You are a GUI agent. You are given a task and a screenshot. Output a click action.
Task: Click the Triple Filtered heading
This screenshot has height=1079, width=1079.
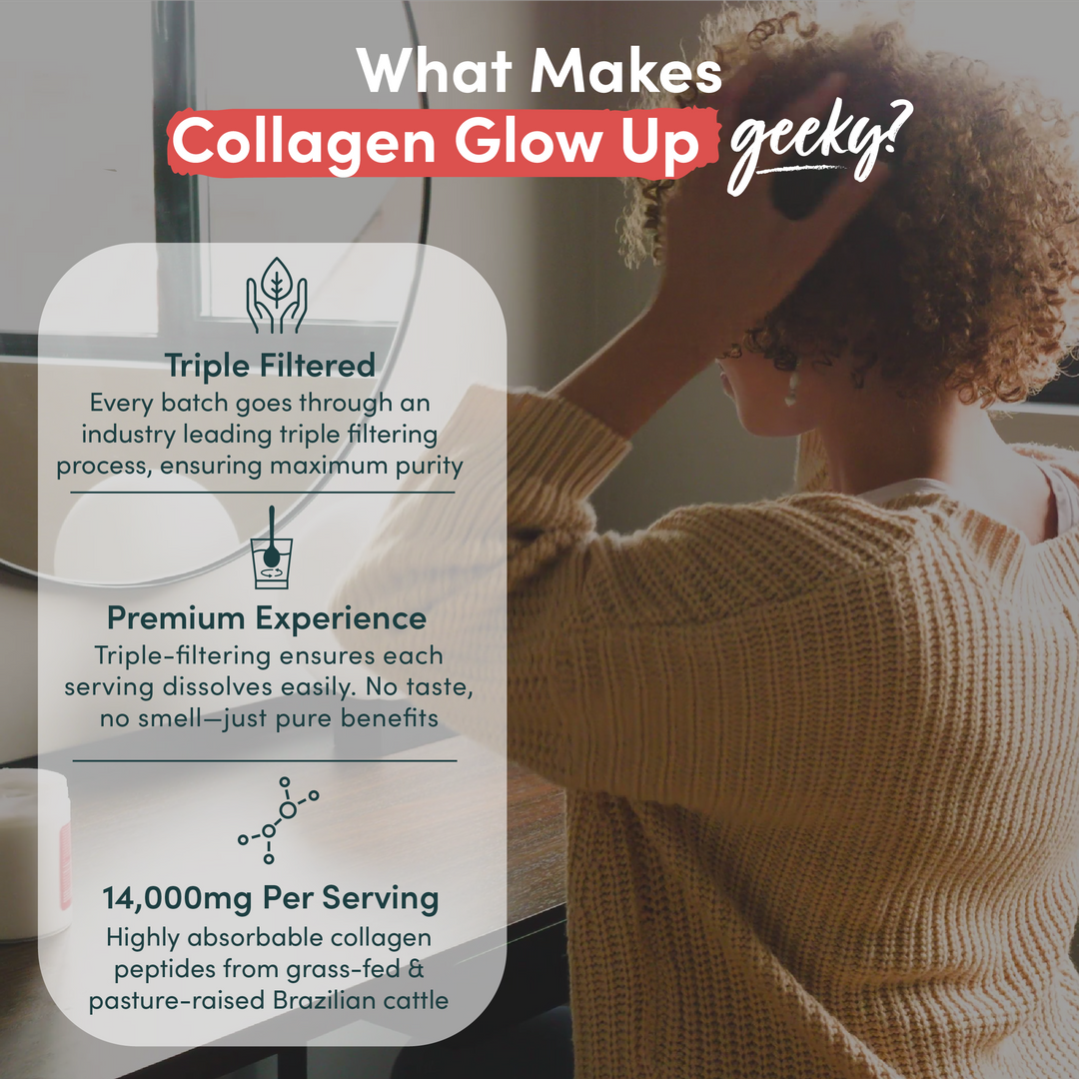tap(271, 366)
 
